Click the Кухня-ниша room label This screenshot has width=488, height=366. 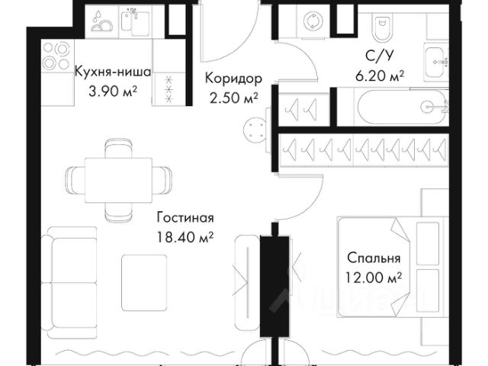point(112,73)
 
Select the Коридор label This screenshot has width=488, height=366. point(234,79)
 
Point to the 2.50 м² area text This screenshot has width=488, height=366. point(233,97)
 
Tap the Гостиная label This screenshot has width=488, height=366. point(182,217)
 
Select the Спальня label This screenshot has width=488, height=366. point(374,258)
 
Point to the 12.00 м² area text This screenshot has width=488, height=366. point(374,278)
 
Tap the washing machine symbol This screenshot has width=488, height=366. point(313,22)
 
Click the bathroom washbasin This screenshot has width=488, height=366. point(438,56)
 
